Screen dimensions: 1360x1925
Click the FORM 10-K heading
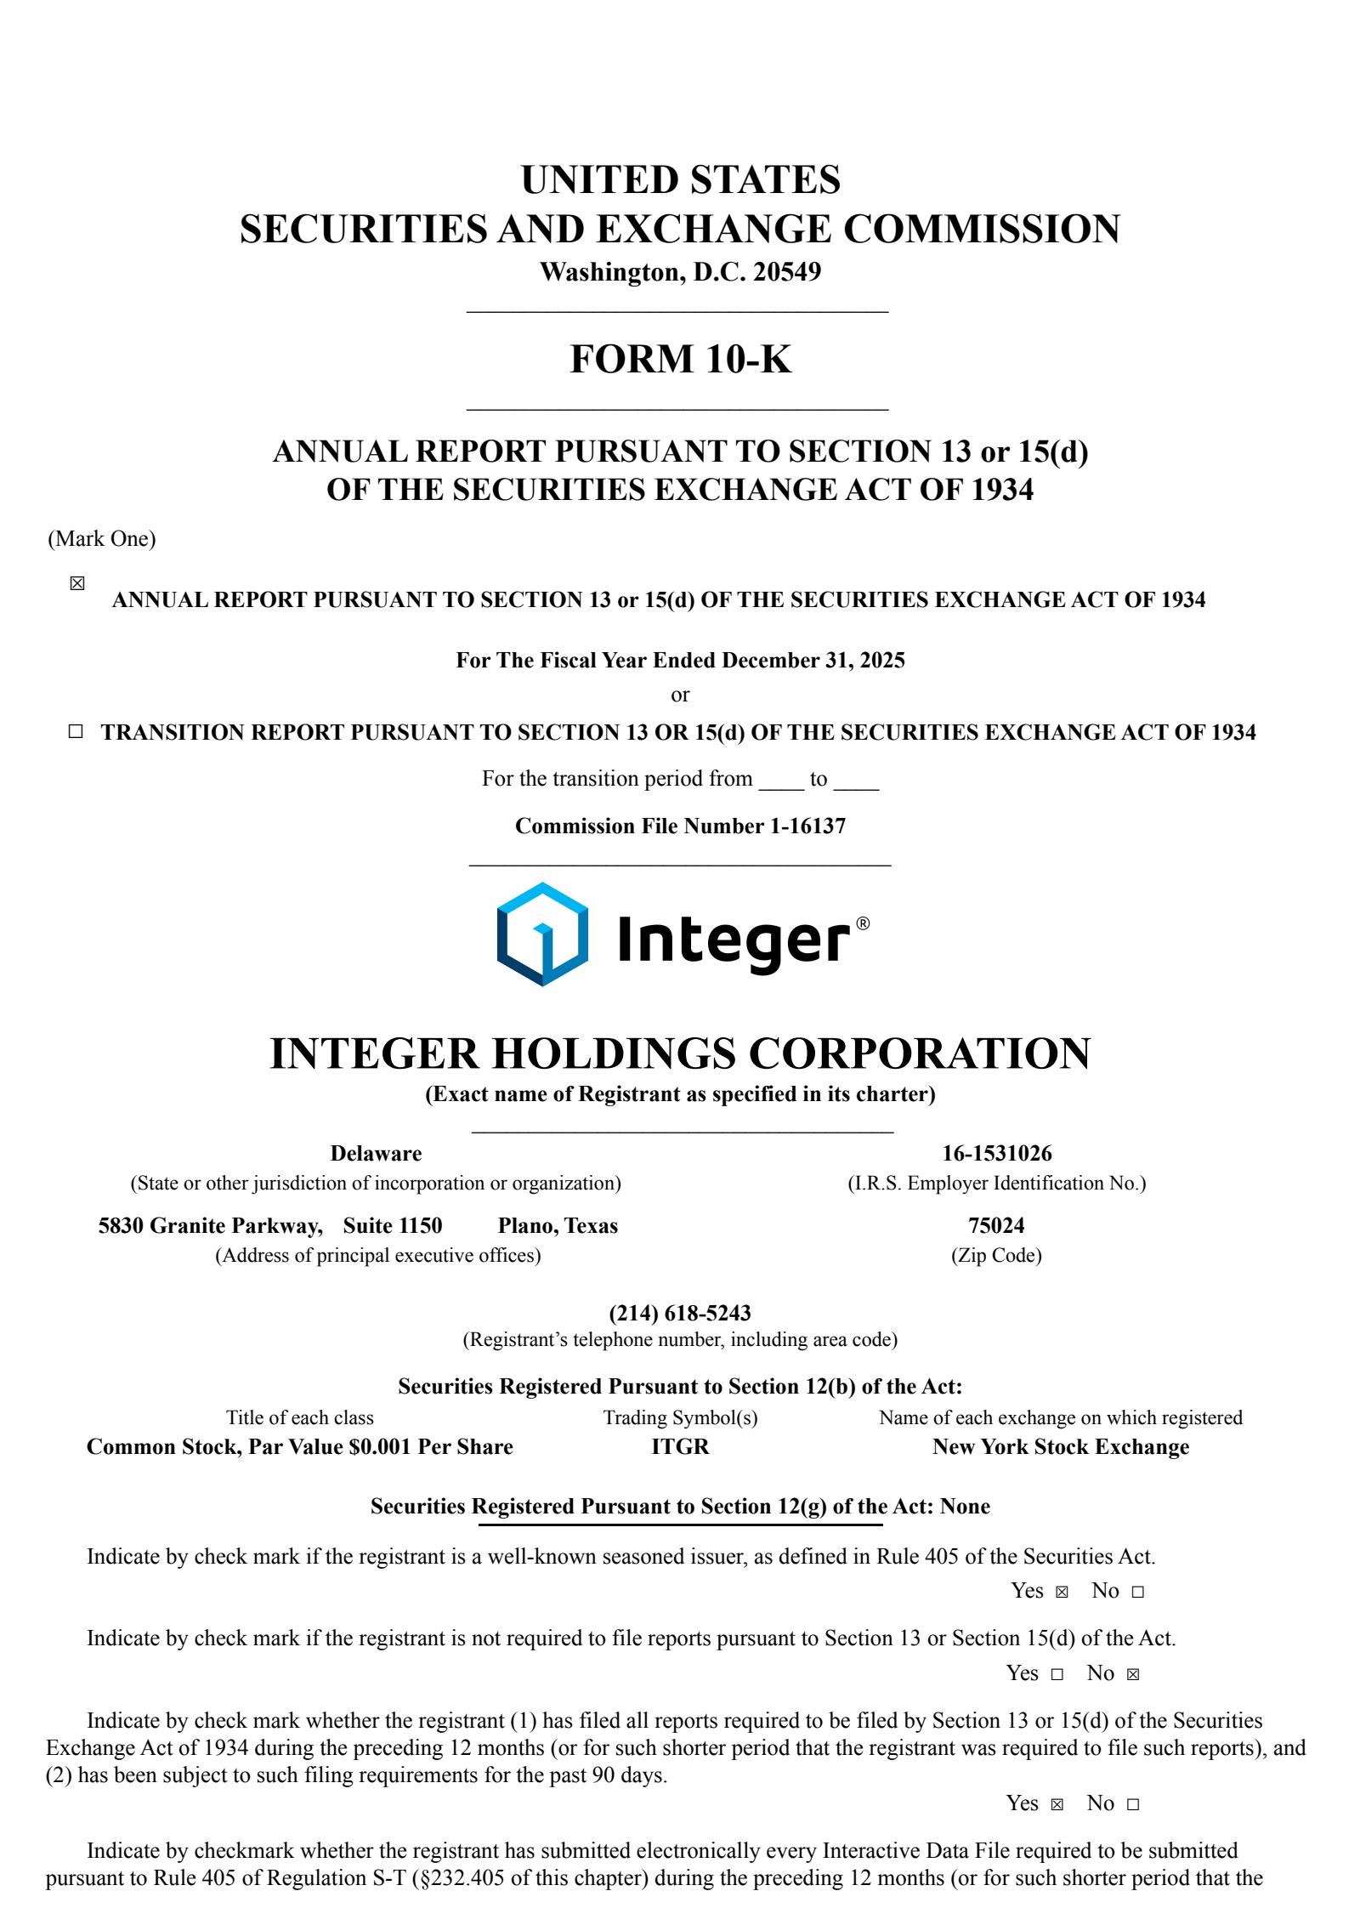680,359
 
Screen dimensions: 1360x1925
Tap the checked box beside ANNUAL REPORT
77,583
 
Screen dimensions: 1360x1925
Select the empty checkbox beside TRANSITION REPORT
76,731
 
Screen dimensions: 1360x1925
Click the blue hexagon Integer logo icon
542,934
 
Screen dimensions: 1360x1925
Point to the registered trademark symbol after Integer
863,923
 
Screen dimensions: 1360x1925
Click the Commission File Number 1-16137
680,826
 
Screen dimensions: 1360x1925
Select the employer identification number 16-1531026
996,1153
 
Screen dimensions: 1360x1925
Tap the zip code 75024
996,1225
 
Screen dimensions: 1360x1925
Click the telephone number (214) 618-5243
680,1313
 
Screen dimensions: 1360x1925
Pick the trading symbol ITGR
680,1446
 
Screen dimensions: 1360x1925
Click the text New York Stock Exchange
1060,1446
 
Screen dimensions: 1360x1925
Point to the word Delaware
376,1153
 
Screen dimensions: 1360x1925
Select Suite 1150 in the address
393,1225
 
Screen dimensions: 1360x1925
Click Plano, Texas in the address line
558,1225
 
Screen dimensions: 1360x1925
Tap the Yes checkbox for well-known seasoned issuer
1062,1592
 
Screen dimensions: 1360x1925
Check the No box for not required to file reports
1133,1674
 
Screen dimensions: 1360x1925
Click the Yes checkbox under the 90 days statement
1057,1804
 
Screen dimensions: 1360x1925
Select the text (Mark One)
102,538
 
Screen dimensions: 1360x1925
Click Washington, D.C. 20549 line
680,272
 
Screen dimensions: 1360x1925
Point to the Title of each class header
299,1417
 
